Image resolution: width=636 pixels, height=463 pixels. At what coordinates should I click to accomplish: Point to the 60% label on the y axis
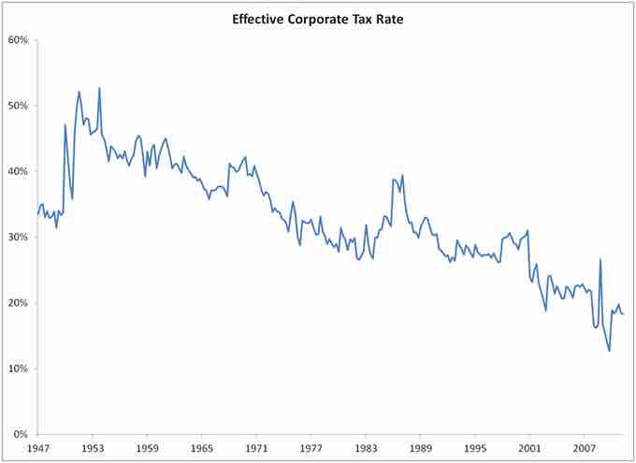pyautogui.click(x=19, y=40)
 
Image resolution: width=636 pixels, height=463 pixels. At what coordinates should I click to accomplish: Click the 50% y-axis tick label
pyautogui.click(x=19, y=106)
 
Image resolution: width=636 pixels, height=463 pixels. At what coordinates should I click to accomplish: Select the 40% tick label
pyautogui.click(x=19, y=172)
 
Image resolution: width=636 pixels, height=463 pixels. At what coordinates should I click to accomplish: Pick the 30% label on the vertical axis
pyautogui.click(x=19, y=238)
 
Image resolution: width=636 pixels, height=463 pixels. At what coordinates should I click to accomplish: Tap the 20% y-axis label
pyautogui.click(x=19, y=303)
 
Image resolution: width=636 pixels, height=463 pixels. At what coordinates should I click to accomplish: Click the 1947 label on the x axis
pyautogui.click(x=37, y=449)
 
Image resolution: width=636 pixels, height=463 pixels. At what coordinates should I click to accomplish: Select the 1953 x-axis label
pyautogui.click(x=92, y=449)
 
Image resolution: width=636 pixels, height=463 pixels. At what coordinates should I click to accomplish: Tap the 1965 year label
pyautogui.click(x=201, y=449)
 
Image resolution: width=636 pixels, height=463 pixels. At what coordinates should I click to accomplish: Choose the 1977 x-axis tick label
pyautogui.click(x=311, y=449)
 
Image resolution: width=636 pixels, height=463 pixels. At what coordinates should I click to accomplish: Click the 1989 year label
pyautogui.click(x=420, y=449)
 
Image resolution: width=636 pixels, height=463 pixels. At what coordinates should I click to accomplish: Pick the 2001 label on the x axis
pyautogui.click(x=529, y=449)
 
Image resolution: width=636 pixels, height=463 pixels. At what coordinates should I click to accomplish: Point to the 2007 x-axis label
pyautogui.click(x=585, y=449)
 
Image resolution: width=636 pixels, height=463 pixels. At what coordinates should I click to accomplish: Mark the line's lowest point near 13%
pyautogui.click(x=609, y=351)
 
